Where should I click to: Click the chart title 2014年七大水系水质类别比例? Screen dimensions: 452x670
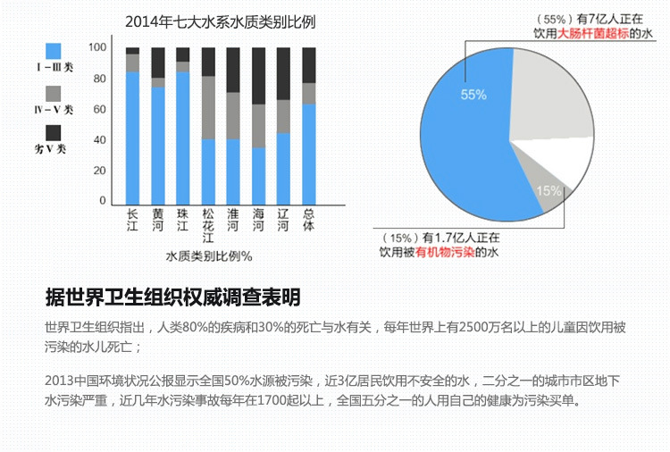click(x=221, y=21)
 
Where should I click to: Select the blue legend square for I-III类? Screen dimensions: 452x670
click(x=54, y=51)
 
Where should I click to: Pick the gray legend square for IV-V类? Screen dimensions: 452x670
click(x=54, y=94)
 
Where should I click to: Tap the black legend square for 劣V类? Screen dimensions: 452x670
click(x=54, y=133)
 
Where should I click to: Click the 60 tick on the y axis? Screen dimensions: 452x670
click(x=99, y=109)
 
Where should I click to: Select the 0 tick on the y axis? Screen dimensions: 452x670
click(x=103, y=201)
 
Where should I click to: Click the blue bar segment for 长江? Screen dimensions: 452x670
click(x=132, y=138)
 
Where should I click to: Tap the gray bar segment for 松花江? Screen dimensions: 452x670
click(x=208, y=107)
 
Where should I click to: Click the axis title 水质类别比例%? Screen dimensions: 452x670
click(x=209, y=256)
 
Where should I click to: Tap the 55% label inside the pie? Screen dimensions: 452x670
click(x=474, y=94)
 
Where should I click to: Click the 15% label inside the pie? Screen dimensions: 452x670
click(x=549, y=190)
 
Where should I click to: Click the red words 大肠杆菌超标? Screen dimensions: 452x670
click(x=593, y=33)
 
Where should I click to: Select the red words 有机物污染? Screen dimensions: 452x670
click(x=445, y=253)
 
